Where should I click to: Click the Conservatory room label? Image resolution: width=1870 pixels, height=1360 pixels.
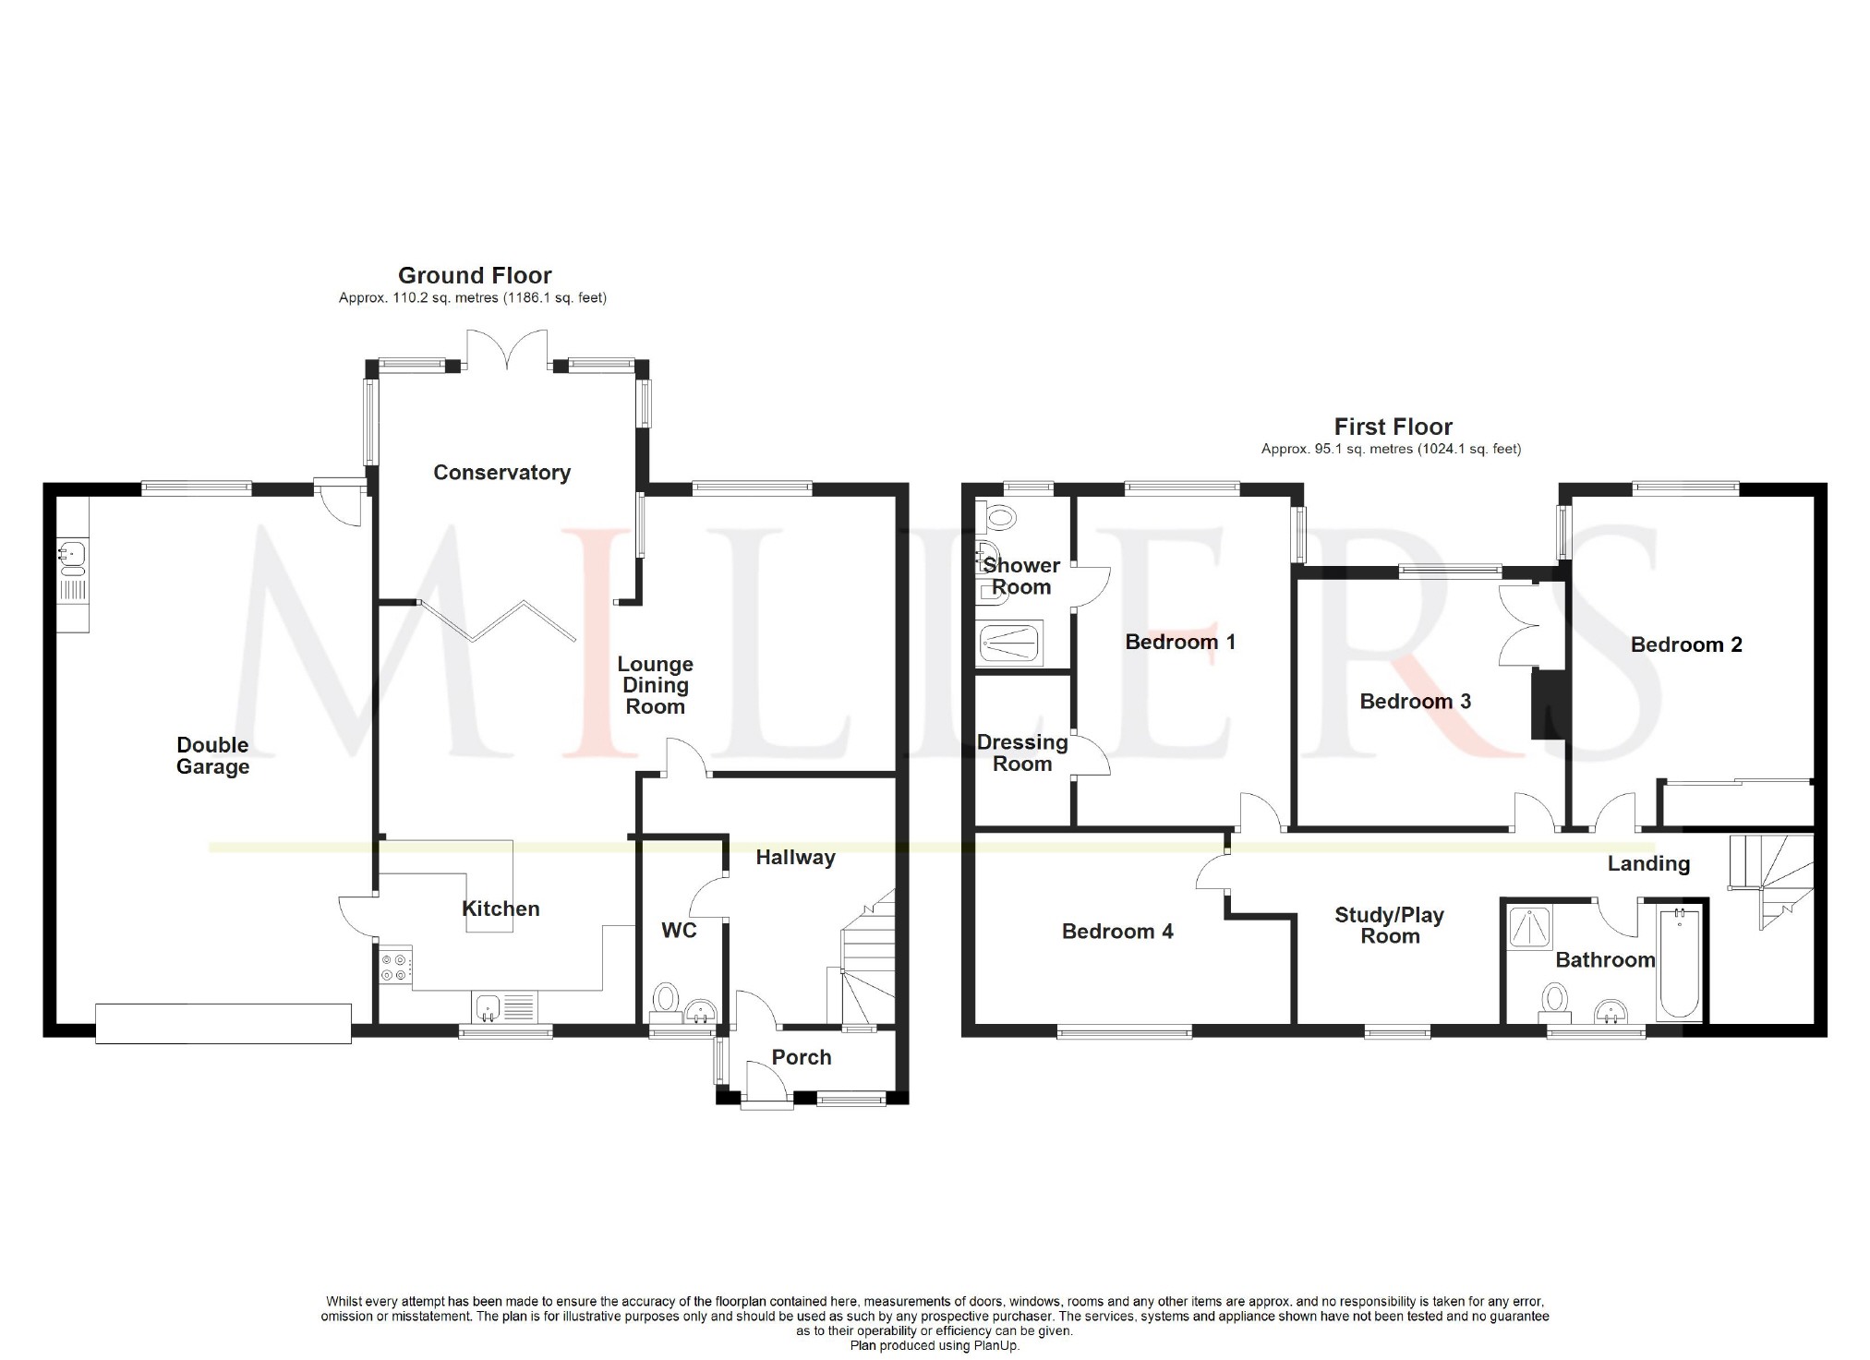(501, 473)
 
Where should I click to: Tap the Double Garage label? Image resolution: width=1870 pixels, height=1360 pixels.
(212, 755)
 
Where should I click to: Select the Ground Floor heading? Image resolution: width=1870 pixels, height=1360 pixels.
(475, 275)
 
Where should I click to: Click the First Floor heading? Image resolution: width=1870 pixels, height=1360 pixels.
(1393, 427)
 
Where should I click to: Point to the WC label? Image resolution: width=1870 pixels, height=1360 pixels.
(679, 930)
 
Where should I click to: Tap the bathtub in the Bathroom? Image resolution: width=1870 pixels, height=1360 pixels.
(1679, 963)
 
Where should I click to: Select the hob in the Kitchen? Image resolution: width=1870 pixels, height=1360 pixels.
(395, 966)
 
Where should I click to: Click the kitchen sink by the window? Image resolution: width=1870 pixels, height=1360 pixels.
(504, 1007)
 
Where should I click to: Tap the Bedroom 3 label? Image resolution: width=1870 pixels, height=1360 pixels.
(1415, 702)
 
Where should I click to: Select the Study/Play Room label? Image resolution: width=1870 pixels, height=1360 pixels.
(1390, 925)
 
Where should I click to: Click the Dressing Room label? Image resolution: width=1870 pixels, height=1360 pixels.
(1022, 753)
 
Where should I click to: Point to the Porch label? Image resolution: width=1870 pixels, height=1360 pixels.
(802, 1058)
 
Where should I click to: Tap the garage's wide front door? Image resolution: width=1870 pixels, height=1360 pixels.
(223, 1024)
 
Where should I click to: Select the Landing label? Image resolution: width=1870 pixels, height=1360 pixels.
(1648, 864)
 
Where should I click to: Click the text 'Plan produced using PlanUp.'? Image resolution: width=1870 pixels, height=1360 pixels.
(935, 1345)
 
